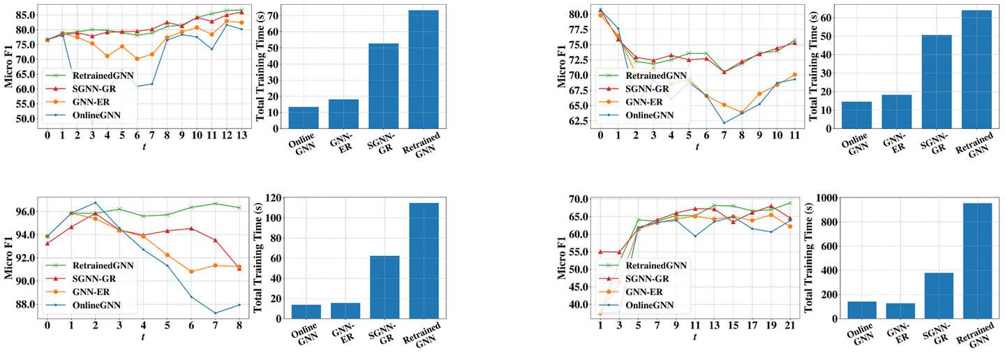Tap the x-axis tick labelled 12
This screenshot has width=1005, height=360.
225,135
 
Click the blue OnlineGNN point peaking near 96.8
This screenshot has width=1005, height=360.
95,202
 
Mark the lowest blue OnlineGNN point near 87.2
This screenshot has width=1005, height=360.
215,313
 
